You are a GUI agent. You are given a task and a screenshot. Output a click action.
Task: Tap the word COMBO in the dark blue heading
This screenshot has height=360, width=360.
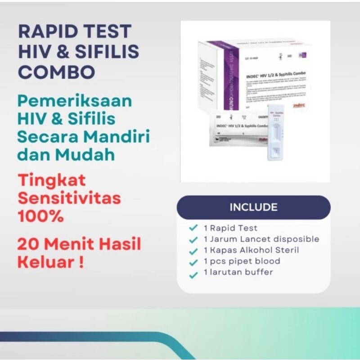pyautogui.click(x=57, y=72)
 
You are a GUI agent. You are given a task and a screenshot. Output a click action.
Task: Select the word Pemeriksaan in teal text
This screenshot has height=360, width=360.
pyautogui.click(x=75, y=101)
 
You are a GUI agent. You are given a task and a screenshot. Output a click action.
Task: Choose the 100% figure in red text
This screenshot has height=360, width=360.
pyautogui.click(x=40, y=216)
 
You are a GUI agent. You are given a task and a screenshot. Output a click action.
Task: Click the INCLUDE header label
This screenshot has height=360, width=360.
pyautogui.click(x=254, y=207)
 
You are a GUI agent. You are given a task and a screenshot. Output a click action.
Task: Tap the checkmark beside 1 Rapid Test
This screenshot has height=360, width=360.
pyautogui.click(x=193, y=228)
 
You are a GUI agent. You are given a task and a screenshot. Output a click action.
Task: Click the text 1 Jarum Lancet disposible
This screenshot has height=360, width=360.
pyautogui.click(x=261, y=239)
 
